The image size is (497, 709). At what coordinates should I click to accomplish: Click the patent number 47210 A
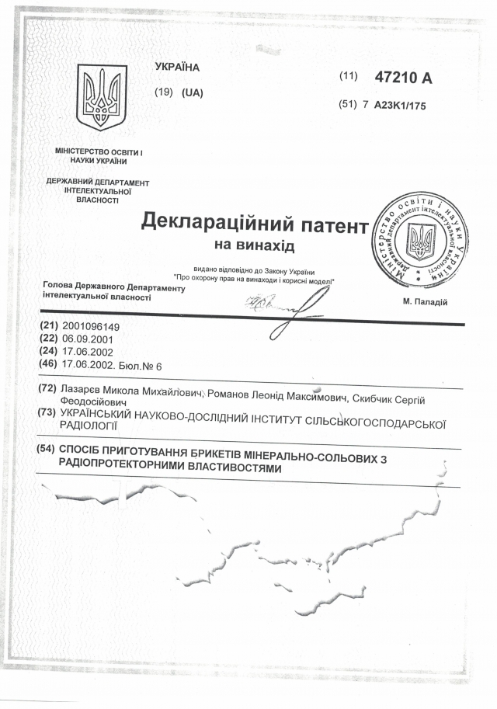pyautogui.click(x=402, y=77)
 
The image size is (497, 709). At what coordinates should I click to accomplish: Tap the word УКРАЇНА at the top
pyautogui.click(x=177, y=67)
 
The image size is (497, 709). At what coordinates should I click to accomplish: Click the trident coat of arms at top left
pyautogui.click(x=101, y=98)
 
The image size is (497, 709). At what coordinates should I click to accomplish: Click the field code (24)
pyautogui.click(x=47, y=351)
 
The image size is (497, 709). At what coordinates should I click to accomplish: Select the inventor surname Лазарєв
pyautogui.click(x=83, y=389)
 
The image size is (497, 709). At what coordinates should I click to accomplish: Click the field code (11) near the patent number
pyautogui.click(x=348, y=76)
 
